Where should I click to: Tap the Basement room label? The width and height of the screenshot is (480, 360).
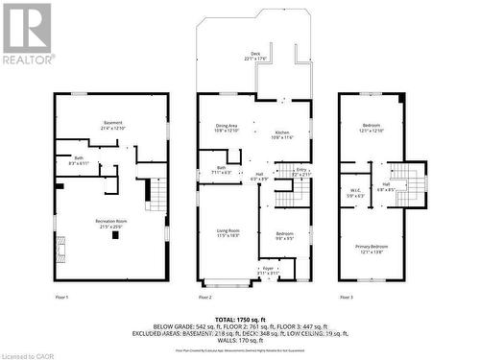tap(113, 125)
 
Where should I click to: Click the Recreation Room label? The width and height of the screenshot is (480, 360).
tap(112, 224)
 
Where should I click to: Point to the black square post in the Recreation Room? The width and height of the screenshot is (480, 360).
tap(115, 234)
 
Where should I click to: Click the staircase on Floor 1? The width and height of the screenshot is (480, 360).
tap(155, 195)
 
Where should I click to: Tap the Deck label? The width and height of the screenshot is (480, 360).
tap(255, 56)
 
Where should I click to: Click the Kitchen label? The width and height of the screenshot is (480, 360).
tap(283, 133)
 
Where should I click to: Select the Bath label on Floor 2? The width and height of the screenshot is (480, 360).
tap(221, 169)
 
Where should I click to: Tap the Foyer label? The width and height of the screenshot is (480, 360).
tap(268, 271)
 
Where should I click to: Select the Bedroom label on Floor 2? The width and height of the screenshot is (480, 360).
tap(284, 235)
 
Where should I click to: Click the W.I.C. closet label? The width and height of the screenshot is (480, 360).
tap(354, 191)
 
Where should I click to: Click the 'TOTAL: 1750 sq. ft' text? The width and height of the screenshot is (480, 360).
tap(239, 318)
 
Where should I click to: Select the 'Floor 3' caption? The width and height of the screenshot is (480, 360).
tap(346, 298)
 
